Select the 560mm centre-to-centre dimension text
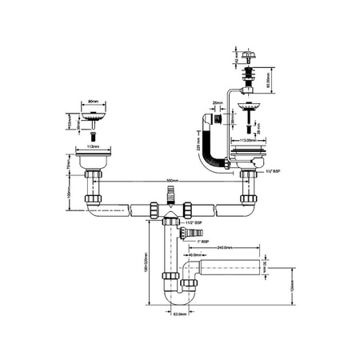click(x=170, y=182)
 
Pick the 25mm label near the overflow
click(x=217, y=103)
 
